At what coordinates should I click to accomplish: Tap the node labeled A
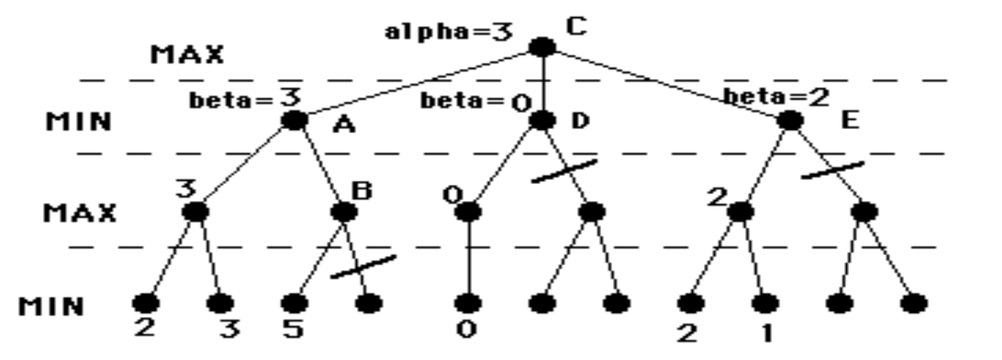(x=294, y=121)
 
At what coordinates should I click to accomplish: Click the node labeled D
(x=542, y=121)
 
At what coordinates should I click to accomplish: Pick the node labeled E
(x=791, y=121)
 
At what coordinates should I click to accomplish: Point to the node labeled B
(x=343, y=211)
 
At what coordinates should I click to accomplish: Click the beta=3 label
(x=246, y=101)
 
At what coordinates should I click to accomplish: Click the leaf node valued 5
(x=294, y=302)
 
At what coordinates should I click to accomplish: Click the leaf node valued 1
(x=765, y=302)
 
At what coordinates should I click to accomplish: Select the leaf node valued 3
(x=220, y=302)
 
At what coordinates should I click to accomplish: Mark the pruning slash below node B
(x=362, y=266)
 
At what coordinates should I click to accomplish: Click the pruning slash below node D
(x=564, y=171)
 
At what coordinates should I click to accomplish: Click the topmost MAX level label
(x=186, y=55)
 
